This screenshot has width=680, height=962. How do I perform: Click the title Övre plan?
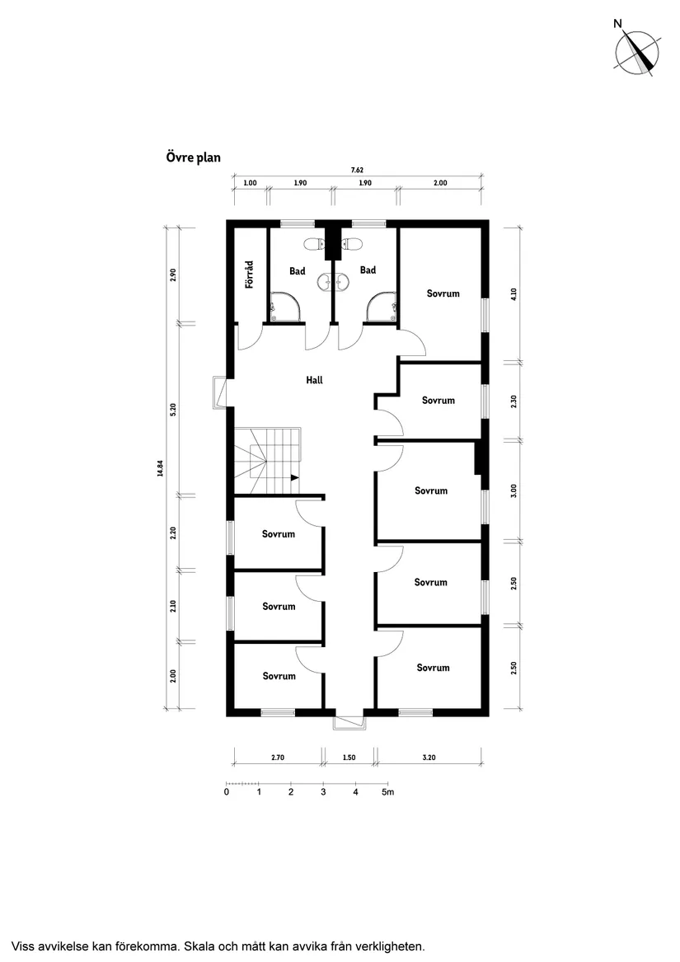(194, 157)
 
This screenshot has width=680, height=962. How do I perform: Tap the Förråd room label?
(248, 274)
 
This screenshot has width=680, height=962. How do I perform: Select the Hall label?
(314, 381)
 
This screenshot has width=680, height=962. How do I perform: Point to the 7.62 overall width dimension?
(357, 170)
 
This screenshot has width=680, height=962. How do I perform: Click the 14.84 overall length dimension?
(161, 467)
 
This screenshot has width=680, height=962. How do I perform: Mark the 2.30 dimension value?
(514, 401)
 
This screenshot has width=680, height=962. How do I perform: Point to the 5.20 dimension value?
(173, 410)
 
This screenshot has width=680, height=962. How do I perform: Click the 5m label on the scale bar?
(388, 793)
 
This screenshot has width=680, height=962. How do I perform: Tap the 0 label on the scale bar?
(227, 793)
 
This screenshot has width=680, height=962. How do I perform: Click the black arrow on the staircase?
(293, 477)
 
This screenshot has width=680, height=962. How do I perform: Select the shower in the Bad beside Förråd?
(284, 307)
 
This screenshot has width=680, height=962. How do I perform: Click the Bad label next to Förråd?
(298, 270)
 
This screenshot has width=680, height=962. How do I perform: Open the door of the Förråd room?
(250, 337)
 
